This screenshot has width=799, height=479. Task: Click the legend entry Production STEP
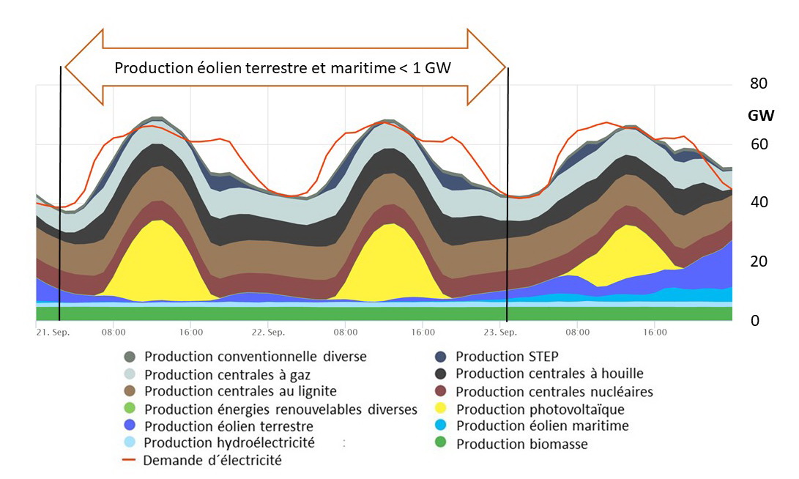(x=507, y=356)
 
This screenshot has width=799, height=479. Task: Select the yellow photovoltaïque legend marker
(x=439, y=409)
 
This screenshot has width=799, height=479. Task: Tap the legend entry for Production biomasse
(x=521, y=444)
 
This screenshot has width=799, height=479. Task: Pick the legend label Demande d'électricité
(x=212, y=461)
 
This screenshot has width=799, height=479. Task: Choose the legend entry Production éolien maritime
(x=542, y=426)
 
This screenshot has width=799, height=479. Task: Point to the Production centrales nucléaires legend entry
(x=554, y=391)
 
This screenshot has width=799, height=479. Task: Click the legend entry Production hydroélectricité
(x=229, y=442)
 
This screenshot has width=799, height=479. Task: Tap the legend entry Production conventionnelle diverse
(x=255, y=357)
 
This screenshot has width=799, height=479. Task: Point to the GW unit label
(x=762, y=115)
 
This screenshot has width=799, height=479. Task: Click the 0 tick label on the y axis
(x=754, y=321)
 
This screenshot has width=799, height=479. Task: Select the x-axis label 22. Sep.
(x=268, y=333)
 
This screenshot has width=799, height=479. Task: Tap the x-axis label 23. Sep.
(x=501, y=333)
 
